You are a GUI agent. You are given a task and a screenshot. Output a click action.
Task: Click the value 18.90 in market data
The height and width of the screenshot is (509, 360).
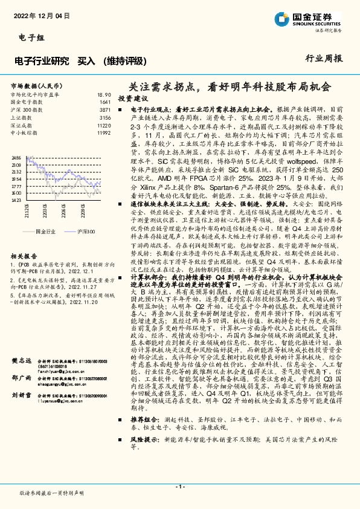[104, 95]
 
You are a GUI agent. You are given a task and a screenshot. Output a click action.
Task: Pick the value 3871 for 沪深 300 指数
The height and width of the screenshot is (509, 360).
[105, 110]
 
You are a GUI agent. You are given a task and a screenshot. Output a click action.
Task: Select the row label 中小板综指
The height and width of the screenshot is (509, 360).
[24, 132]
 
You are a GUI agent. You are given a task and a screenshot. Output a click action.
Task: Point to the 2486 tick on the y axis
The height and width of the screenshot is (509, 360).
[16, 158]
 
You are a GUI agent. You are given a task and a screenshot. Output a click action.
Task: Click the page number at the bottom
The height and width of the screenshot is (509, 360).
[180, 487]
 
